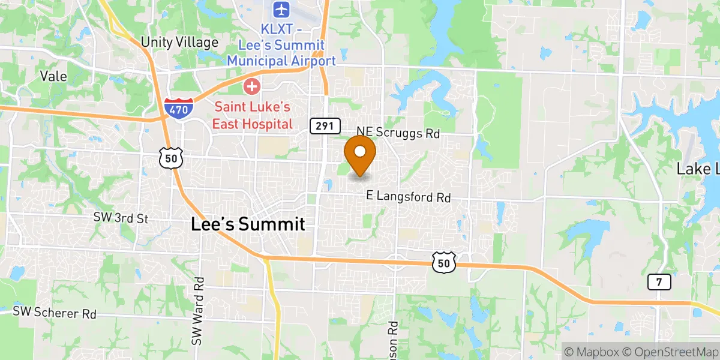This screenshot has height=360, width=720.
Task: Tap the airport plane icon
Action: (x=281, y=10)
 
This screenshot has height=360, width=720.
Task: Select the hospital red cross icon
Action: (x=251, y=87)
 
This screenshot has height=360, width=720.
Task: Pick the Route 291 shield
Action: (x=325, y=126)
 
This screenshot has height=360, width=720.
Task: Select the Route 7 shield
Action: (x=658, y=282)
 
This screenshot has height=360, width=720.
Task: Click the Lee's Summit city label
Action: (x=248, y=224)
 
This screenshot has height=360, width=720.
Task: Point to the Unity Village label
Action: (x=179, y=42)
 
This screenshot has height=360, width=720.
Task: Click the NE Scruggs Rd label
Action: (x=398, y=133)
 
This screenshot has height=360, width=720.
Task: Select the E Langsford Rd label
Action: (x=409, y=197)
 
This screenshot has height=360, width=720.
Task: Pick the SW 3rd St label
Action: (x=121, y=218)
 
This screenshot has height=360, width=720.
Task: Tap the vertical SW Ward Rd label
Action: (x=198, y=310)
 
